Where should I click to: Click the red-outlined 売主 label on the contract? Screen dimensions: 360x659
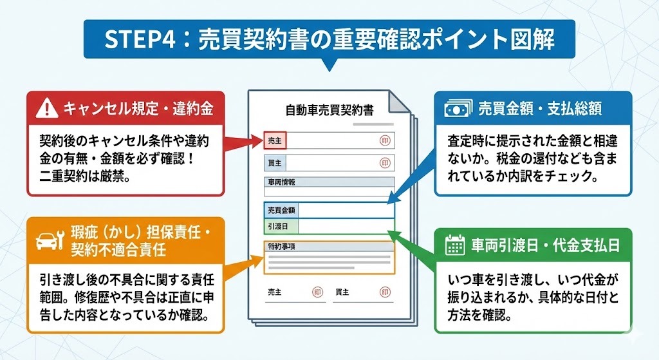click(x=274, y=140)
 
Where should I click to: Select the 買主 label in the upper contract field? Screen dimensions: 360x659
click(x=274, y=162)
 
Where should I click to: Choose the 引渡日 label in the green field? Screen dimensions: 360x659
click(x=277, y=226)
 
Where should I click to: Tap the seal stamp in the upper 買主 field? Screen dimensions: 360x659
click(x=384, y=162)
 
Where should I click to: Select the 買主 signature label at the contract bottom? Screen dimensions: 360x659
click(x=342, y=292)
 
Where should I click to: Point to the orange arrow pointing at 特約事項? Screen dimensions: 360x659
click(x=243, y=261)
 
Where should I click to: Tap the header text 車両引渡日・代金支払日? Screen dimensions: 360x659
click(x=544, y=245)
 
